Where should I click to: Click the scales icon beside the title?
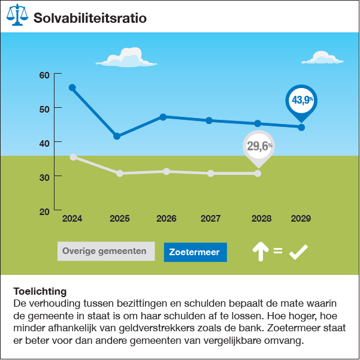18,17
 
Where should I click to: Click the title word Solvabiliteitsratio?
90,17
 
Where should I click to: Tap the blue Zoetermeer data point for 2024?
72,87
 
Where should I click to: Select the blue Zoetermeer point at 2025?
117,137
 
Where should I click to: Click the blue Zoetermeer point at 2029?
301,127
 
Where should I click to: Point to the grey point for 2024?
73,157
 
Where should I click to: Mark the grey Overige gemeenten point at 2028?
258,173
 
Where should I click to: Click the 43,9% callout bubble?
301,99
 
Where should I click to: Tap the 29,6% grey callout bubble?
258,146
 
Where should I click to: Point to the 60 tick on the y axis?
43,75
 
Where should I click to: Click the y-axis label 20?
43,211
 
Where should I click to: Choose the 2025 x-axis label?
119,219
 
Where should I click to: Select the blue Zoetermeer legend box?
195,252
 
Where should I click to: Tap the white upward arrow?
259,252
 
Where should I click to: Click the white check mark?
298,252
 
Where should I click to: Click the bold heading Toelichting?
40,292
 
